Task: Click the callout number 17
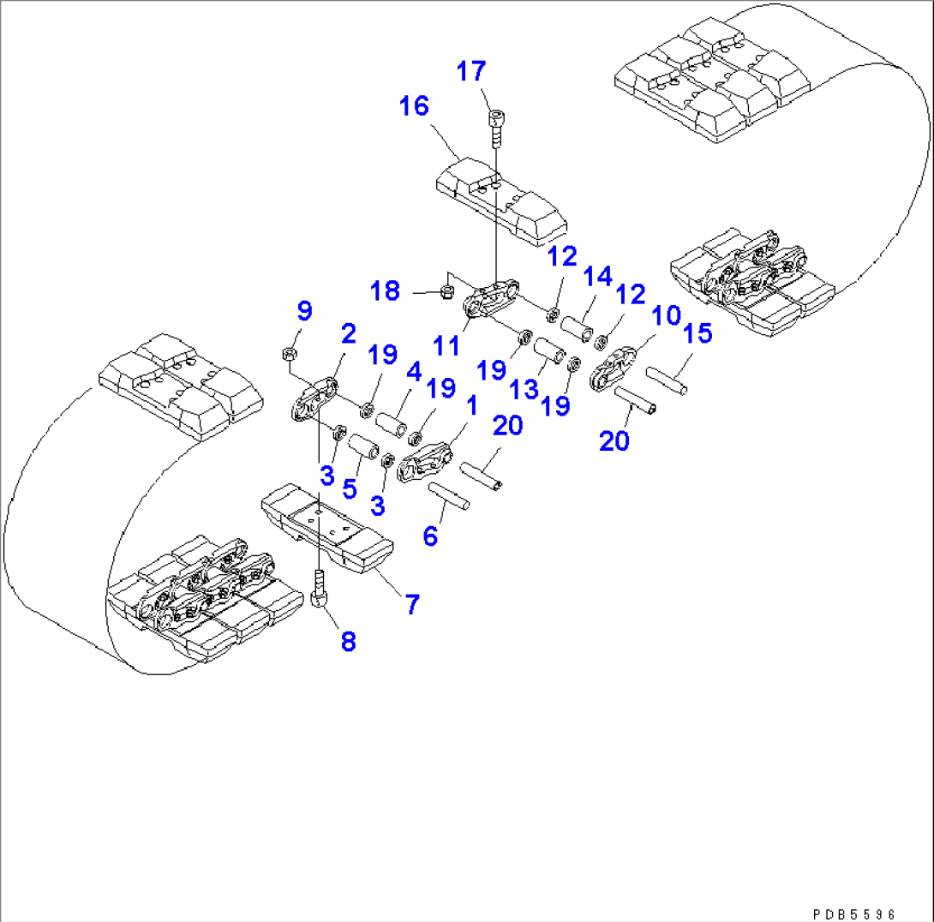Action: coord(470,71)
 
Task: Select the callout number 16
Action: coord(413,107)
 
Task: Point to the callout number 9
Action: coord(304,310)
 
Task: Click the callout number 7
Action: coord(411,605)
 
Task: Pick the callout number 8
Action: coord(348,641)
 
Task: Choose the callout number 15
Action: coord(698,333)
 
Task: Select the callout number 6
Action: coord(430,536)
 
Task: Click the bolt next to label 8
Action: coord(319,590)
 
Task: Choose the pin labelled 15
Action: coord(666,380)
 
